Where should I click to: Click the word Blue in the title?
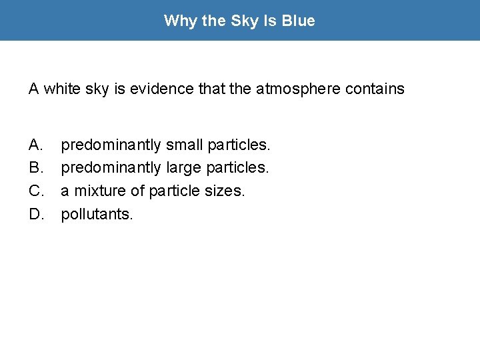tap(298, 21)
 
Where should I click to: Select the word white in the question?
tap(59, 89)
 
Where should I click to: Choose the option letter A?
tap(35, 145)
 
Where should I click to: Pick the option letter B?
tap(35, 167)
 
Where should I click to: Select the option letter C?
tap(36, 191)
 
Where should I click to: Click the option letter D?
tap(36, 214)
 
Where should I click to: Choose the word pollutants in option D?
tap(97, 214)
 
